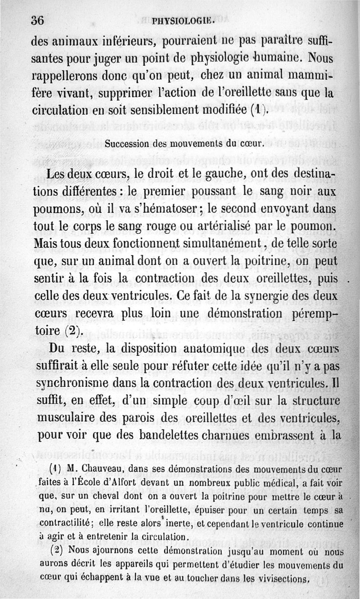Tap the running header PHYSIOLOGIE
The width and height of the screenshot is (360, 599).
[x=182, y=21]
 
